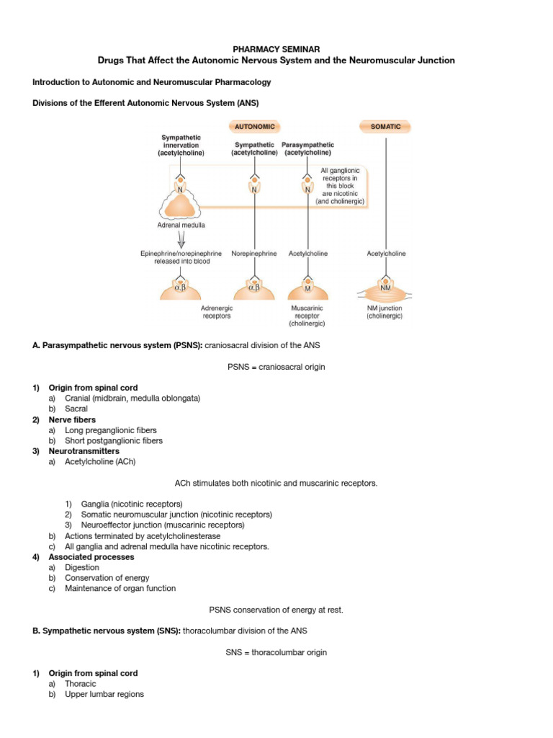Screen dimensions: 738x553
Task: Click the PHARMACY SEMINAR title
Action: click(276, 48)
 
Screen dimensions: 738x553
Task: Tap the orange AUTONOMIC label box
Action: click(254, 127)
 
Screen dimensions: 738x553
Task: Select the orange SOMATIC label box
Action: click(385, 127)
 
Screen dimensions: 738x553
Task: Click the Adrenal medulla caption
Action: click(181, 225)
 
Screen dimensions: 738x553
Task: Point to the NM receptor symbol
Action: click(385, 288)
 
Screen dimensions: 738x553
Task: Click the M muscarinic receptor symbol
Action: click(307, 288)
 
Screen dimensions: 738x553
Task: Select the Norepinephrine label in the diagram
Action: click(254, 254)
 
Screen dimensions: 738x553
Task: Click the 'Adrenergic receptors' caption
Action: click(217, 311)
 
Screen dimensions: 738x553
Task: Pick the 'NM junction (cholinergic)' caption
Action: click(385, 311)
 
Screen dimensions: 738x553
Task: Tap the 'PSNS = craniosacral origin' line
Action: click(276, 367)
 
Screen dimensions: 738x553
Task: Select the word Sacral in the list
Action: click(76, 409)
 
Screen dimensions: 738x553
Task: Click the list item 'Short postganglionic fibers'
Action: click(114, 440)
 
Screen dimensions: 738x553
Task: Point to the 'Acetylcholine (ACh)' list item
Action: click(101, 461)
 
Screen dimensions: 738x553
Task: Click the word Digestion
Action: click(82, 567)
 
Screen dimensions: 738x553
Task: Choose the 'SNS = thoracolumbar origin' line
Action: click(276, 652)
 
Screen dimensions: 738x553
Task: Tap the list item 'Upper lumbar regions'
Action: click(104, 694)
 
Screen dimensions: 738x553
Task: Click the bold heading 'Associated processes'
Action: click(91, 557)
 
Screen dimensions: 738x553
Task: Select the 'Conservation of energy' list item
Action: click(107, 578)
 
